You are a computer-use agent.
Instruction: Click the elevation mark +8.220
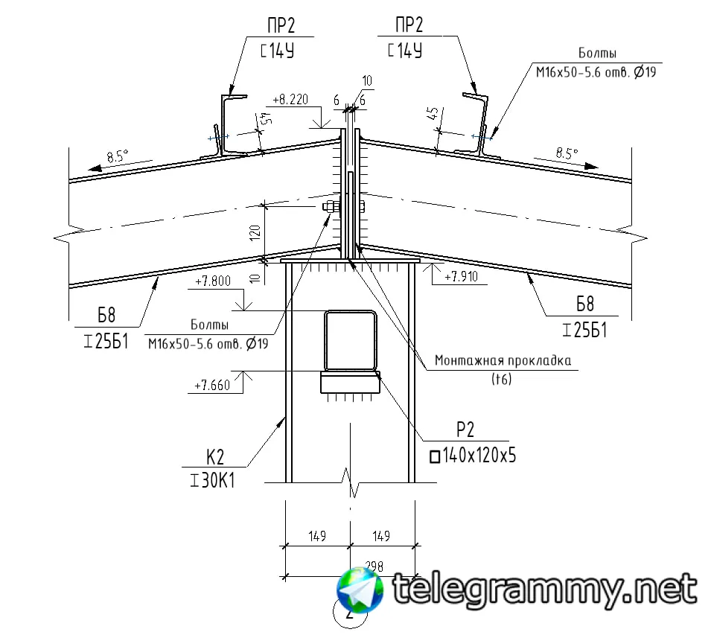pyautogui.click(x=290, y=99)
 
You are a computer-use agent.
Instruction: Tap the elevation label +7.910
pyautogui.click(x=461, y=276)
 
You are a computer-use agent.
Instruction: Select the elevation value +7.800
pyautogui.click(x=213, y=281)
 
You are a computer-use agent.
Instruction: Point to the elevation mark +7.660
pyautogui.click(x=212, y=386)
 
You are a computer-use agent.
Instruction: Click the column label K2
pyautogui.click(x=215, y=457)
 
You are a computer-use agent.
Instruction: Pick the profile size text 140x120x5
pyautogui.click(x=479, y=455)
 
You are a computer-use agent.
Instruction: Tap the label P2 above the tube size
pyautogui.click(x=465, y=430)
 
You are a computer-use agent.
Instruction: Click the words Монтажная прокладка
pyautogui.click(x=503, y=360)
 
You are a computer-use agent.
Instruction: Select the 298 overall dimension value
pyautogui.click(x=374, y=566)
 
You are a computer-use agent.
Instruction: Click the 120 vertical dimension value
pyautogui.click(x=255, y=232)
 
